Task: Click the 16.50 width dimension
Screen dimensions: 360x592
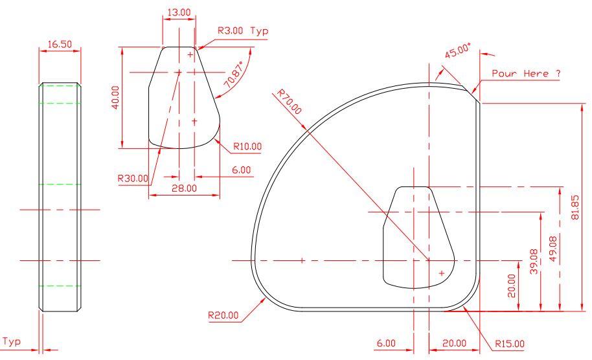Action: (59, 44)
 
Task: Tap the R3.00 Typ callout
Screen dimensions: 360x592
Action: (242, 31)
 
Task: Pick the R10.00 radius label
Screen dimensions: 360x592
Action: (247, 147)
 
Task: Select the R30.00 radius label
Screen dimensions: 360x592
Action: (133, 177)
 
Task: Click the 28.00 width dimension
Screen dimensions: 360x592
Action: (184, 188)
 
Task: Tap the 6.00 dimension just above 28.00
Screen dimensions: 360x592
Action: (241, 170)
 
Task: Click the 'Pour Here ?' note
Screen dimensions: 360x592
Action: (525, 74)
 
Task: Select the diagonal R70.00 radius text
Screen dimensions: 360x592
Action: (290, 102)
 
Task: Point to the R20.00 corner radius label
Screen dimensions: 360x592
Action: (223, 315)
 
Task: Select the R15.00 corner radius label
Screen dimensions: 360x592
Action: (510, 343)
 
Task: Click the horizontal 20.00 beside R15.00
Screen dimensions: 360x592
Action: (453, 343)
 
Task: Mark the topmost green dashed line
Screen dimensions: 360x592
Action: (60, 85)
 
